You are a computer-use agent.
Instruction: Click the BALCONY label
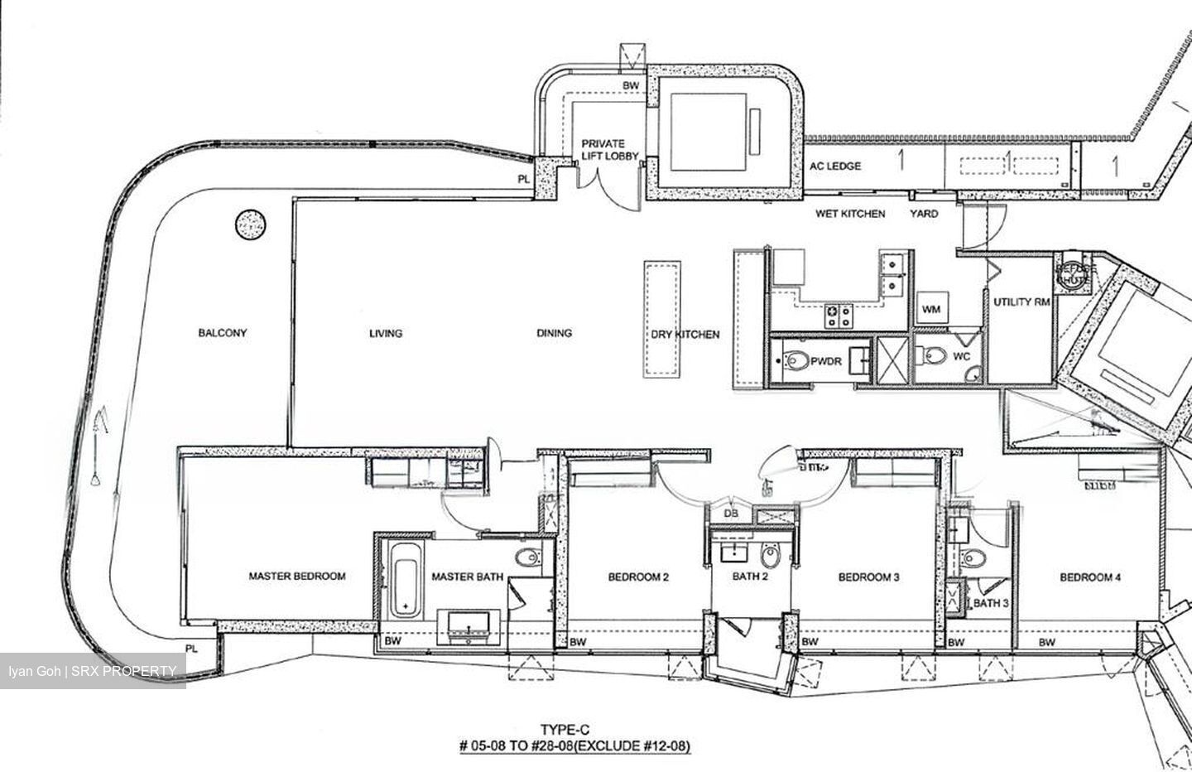coord(222,333)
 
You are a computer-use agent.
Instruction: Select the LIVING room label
coord(386,333)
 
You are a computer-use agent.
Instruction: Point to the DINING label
coord(554,333)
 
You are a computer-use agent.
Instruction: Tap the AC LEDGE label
coord(835,166)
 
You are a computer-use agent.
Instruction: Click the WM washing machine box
coord(931,310)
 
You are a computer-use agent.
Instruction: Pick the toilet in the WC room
coord(935,355)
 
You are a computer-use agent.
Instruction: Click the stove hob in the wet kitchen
coord(837,314)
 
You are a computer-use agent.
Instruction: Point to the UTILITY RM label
coord(1022,302)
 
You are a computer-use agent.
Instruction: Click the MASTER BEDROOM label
coord(297,577)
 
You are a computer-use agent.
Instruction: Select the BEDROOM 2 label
coord(638,577)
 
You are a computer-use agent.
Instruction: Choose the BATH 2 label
coord(751,577)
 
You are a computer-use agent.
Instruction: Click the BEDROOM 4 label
coord(1090,577)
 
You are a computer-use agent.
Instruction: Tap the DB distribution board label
coord(731,514)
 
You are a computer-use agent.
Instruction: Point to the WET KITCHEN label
coord(850,214)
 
